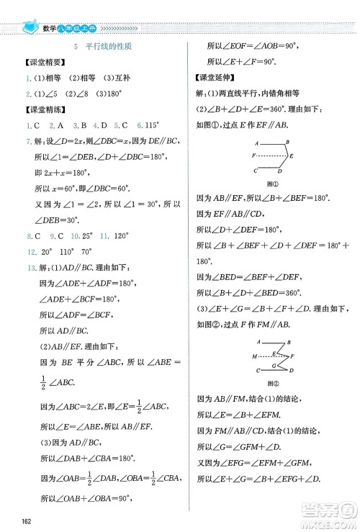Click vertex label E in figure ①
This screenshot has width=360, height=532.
(x=290, y=155)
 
